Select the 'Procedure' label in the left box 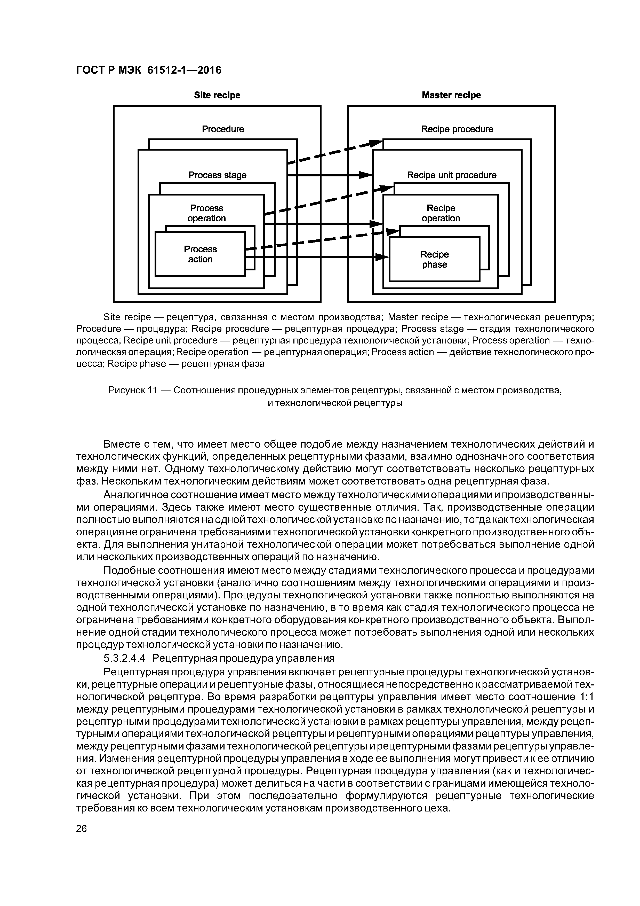pyautogui.click(x=223, y=129)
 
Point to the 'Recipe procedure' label pyautogui.click(x=457, y=129)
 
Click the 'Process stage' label pyautogui.click(x=217, y=175)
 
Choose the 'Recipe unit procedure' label pyautogui.click(x=452, y=175)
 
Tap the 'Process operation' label pyautogui.click(x=207, y=213)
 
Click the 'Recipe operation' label pyautogui.click(x=441, y=213)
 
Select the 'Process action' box pyautogui.click(x=200, y=254)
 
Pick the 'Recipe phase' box pyautogui.click(x=435, y=259)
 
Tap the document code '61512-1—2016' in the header pyautogui.click(x=184, y=70)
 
